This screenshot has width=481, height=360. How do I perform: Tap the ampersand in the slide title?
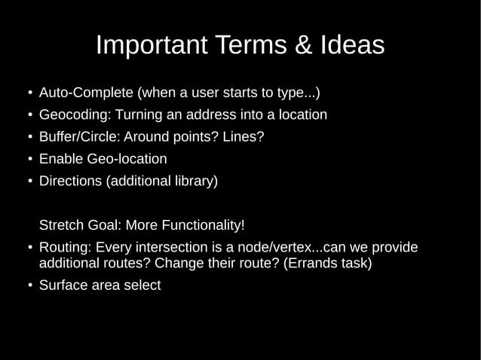299,45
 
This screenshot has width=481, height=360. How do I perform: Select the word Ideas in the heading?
348,45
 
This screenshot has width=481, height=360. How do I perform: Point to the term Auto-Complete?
85,93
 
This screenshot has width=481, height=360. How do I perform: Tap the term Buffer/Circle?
78,137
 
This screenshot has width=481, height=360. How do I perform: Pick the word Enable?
61,159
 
